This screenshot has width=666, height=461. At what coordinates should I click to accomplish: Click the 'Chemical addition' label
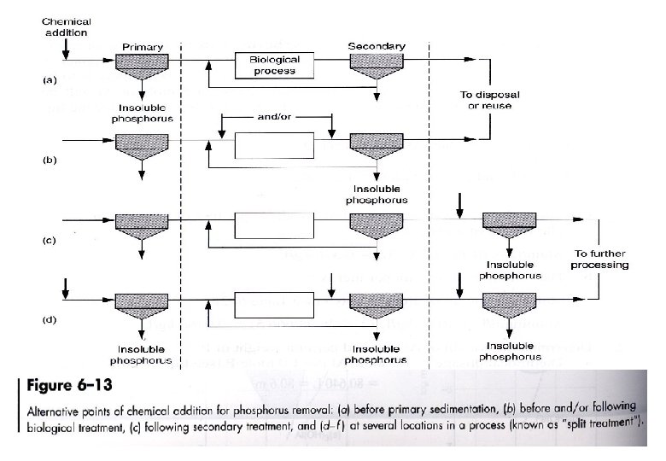tap(67, 26)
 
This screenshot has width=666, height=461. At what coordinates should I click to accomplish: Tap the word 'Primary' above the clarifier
tap(137, 46)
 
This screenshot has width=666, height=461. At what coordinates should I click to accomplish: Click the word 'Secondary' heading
tap(377, 45)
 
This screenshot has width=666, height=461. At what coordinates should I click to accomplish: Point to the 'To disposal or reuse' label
tap(490, 99)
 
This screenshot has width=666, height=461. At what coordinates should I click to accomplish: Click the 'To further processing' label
tap(600, 259)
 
